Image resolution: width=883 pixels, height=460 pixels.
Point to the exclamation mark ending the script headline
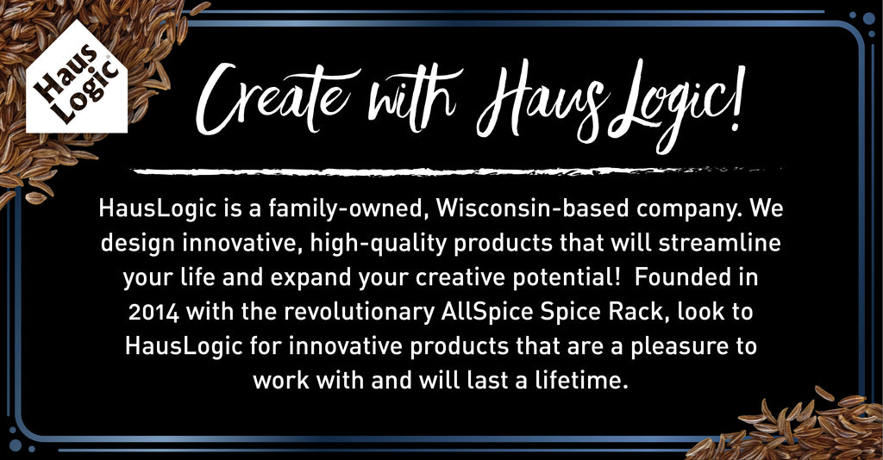737,98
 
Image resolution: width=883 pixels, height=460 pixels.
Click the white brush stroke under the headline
456,171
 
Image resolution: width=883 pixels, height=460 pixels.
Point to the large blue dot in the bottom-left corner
16,445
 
